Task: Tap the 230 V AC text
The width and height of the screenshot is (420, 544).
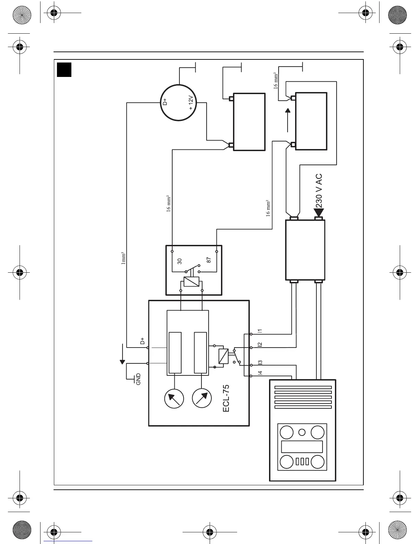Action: (x=319, y=191)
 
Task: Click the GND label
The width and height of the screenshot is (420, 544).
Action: (x=138, y=379)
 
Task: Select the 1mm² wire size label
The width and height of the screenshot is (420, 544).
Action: (x=124, y=258)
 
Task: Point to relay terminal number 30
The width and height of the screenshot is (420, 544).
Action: (x=179, y=261)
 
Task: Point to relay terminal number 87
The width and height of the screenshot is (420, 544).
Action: (x=209, y=260)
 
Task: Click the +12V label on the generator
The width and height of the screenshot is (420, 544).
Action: (x=191, y=102)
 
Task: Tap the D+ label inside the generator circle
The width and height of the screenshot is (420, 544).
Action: (x=165, y=102)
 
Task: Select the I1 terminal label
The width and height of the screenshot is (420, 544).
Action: (x=260, y=331)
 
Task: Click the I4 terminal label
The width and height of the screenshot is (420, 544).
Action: (x=260, y=373)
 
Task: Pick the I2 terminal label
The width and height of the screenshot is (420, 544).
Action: (x=260, y=344)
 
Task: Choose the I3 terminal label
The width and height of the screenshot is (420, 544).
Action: (x=260, y=362)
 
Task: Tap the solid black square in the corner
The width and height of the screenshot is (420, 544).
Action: (x=64, y=69)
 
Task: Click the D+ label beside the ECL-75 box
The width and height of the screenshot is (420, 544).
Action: (x=142, y=341)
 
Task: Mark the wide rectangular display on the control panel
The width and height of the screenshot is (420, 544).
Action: (x=302, y=447)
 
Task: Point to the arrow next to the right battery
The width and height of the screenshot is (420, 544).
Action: (x=288, y=120)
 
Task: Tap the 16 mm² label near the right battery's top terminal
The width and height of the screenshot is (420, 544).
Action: (x=276, y=81)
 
